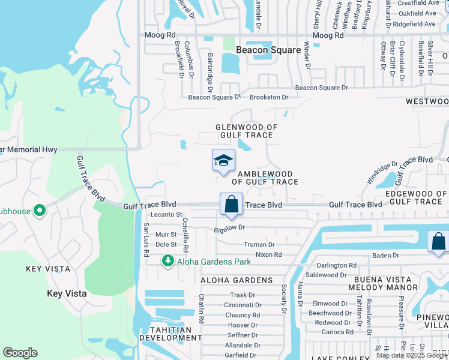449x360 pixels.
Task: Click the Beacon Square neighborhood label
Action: [268, 50]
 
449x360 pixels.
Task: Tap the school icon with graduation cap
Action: [223, 160]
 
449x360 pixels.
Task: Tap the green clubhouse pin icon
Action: [39, 211]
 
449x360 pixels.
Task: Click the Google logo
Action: [20, 353]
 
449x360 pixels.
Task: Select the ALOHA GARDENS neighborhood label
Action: [237, 280]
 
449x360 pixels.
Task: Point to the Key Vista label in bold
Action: [67, 294]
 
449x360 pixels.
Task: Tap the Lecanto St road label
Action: [166, 214]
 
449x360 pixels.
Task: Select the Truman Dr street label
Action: [259, 245]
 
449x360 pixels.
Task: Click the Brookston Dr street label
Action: [269, 97]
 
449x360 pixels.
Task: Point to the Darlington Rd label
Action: [336, 265]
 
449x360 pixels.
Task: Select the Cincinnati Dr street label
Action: [242, 305]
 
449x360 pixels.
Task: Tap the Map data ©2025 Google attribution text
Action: [412, 355]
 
